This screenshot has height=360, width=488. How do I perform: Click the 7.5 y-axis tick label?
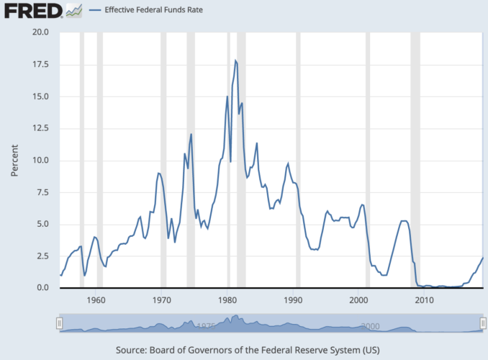click(x=42, y=192)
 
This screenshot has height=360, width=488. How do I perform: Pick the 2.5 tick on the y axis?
click(x=42, y=256)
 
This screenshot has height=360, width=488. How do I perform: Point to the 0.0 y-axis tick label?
click(x=42, y=288)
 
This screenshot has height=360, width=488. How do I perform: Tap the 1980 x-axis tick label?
click(x=228, y=300)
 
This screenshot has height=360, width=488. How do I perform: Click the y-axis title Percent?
click(x=15, y=160)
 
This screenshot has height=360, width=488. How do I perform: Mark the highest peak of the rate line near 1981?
click(x=235, y=61)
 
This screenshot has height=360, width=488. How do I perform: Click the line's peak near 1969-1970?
click(x=158, y=173)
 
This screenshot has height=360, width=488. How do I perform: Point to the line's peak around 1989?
click(x=288, y=163)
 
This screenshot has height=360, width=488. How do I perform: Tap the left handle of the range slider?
click(x=60, y=324)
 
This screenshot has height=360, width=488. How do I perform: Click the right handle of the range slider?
click(x=482, y=324)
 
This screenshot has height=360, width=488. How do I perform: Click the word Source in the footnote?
click(x=132, y=351)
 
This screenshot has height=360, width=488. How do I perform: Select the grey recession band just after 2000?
click(x=368, y=158)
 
